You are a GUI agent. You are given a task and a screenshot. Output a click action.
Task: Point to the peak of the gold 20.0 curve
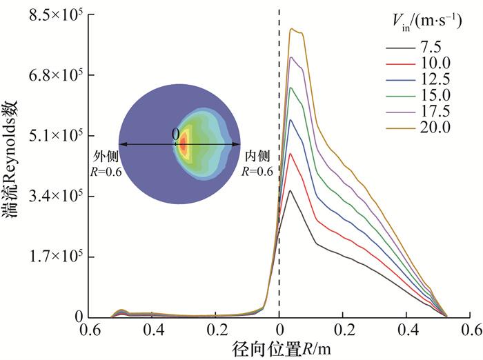293,29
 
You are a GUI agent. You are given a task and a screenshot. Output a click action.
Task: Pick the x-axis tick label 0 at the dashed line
279,329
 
